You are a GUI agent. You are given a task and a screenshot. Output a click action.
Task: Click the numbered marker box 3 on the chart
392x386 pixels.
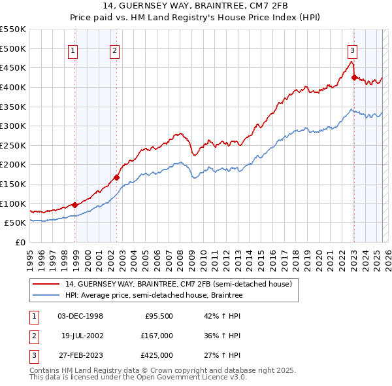click(x=352, y=50)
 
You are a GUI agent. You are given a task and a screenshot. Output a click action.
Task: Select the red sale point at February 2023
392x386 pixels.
click(x=354, y=77)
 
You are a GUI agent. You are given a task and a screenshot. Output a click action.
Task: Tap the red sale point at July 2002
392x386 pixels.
click(x=117, y=177)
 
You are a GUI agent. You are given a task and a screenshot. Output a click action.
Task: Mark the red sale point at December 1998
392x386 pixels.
click(x=75, y=205)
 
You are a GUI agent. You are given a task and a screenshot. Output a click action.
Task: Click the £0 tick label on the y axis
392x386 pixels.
click(x=20, y=242)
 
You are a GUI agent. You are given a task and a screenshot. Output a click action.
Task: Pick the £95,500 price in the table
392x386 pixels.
click(x=158, y=316)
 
